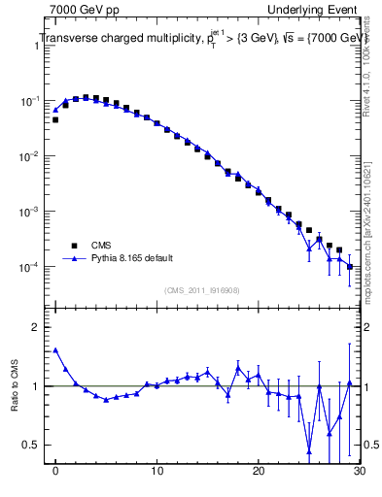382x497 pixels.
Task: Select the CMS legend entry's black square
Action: (x=71, y=246)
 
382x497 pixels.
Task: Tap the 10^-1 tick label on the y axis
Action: (x=31, y=101)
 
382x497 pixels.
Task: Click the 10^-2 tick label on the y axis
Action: (x=31, y=156)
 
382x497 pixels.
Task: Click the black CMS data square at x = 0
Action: (x=55, y=120)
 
